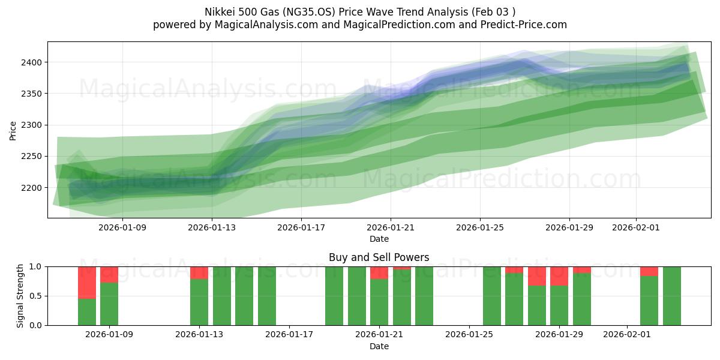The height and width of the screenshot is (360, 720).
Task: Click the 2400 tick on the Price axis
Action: [x=33, y=62]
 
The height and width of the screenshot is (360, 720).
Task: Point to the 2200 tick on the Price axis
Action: [x=33, y=188]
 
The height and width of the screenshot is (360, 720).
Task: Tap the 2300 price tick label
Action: [x=33, y=125]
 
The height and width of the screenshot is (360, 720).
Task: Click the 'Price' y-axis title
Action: [x=13, y=130]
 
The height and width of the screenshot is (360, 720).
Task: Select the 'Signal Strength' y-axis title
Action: [x=20, y=296]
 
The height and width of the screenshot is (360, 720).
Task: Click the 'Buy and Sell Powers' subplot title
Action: [x=379, y=257]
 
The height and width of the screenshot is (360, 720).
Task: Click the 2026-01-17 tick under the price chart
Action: [x=301, y=227]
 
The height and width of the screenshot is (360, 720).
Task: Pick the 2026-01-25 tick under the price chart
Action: [x=479, y=227]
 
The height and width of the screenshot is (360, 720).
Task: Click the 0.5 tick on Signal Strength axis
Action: [x=35, y=296]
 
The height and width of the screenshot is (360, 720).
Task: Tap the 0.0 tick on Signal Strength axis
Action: [x=35, y=325]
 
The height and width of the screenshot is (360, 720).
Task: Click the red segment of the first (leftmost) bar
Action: [x=87, y=282]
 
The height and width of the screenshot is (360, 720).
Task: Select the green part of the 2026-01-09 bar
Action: [x=109, y=304]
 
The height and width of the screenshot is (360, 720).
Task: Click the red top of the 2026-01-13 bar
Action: [x=199, y=272]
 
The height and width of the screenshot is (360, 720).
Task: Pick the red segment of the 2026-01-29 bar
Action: [x=559, y=276]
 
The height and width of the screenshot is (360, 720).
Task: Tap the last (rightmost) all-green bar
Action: [x=672, y=296]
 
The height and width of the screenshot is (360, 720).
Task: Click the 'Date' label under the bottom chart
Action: [x=379, y=346]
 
